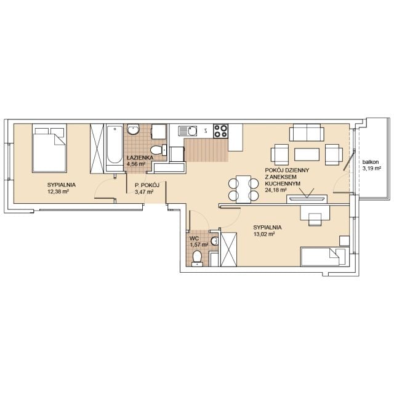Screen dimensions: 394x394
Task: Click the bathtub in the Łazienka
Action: click(x=114, y=148)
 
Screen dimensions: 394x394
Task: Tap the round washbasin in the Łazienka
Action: click(x=133, y=129)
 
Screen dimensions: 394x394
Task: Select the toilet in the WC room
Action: click(x=197, y=258)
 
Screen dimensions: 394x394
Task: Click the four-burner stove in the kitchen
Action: click(x=220, y=131)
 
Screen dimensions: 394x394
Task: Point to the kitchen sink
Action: click(x=188, y=131)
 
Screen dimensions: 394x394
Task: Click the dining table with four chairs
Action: click(x=244, y=189)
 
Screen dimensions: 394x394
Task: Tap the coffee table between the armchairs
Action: click(x=307, y=155)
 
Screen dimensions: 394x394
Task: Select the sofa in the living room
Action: click(x=307, y=132)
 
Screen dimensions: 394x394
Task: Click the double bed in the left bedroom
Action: click(x=49, y=148)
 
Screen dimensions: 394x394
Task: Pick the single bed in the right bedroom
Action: click(x=325, y=257)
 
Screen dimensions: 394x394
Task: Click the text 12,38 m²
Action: click(x=58, y=191)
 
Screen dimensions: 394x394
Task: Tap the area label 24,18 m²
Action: click(x=276, y=190)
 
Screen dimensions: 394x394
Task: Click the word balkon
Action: click(x=371, y=163)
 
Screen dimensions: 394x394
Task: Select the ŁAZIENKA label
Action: click(x=140, y=158)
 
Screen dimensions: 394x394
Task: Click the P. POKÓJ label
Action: click(x=147, y=185)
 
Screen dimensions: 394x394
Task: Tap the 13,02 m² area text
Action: click(x=264, y=234)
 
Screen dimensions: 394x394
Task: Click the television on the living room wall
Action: click(x=307, y=199)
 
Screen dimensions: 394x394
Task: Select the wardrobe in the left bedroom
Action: click(x=97, y=148)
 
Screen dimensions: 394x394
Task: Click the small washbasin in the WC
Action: click(x=215, y=241)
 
